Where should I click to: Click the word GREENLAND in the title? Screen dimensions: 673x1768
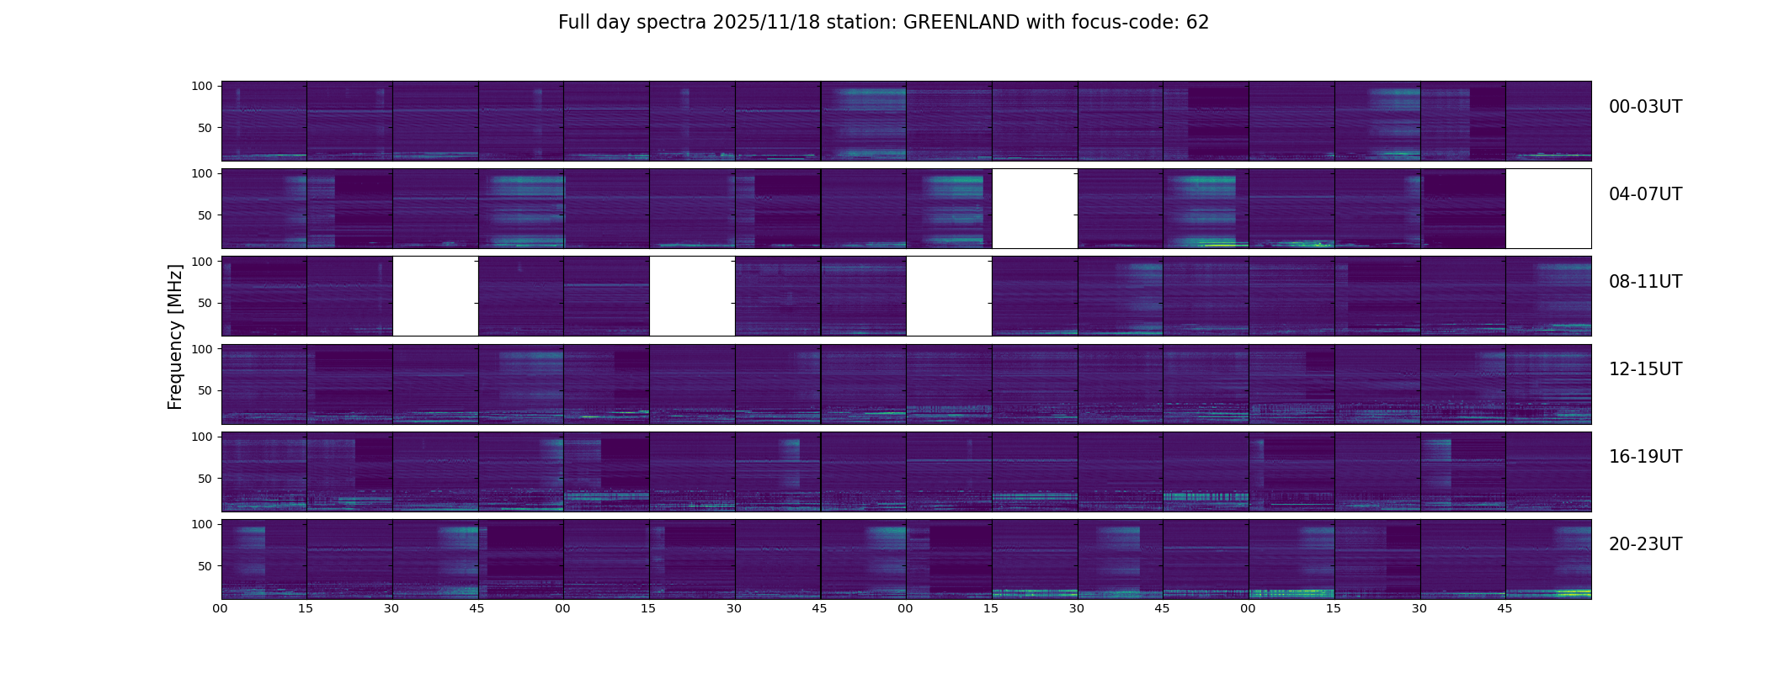[x=961, y=23]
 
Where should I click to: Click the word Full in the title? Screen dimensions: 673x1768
[x=574, y=23]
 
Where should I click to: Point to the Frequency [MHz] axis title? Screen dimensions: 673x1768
[x=175, y=336]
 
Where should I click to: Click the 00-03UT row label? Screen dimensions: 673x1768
[x=1645, y=107]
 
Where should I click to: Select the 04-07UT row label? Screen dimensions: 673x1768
[x=1645, y=194]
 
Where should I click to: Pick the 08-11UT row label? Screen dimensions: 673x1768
[x=1645, y=282]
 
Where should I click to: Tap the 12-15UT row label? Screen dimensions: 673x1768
[x=1645, y=369]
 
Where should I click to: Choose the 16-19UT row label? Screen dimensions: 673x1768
[x=1645, y=457]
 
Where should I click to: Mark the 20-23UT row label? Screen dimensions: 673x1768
[x=1645, y=544]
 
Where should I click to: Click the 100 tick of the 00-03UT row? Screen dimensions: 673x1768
[x=202, y=86]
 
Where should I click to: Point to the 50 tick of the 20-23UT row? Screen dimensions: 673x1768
[x=205, y=566]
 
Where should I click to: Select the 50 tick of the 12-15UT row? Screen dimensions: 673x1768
[x=205, y=391]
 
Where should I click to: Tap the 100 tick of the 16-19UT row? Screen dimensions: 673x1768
[x=202, y=437]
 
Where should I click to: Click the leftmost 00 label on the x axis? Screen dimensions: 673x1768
[x=220, y=608]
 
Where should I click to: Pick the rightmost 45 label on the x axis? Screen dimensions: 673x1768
[x=1504, y=608]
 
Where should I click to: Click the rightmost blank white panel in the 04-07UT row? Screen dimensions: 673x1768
[x=1547, y=209]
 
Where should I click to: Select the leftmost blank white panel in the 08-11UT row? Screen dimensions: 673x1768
[x=435, y=296]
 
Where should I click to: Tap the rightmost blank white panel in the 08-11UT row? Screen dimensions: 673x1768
[x=949, y=296]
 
